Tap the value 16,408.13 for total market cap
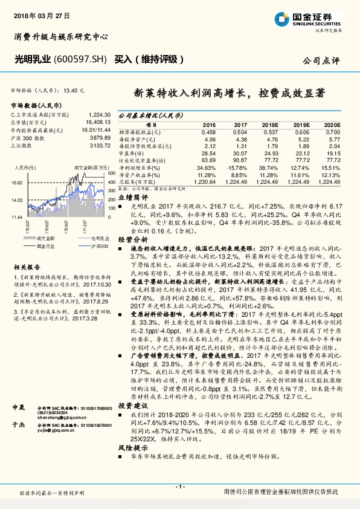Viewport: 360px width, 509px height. [95, 122]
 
